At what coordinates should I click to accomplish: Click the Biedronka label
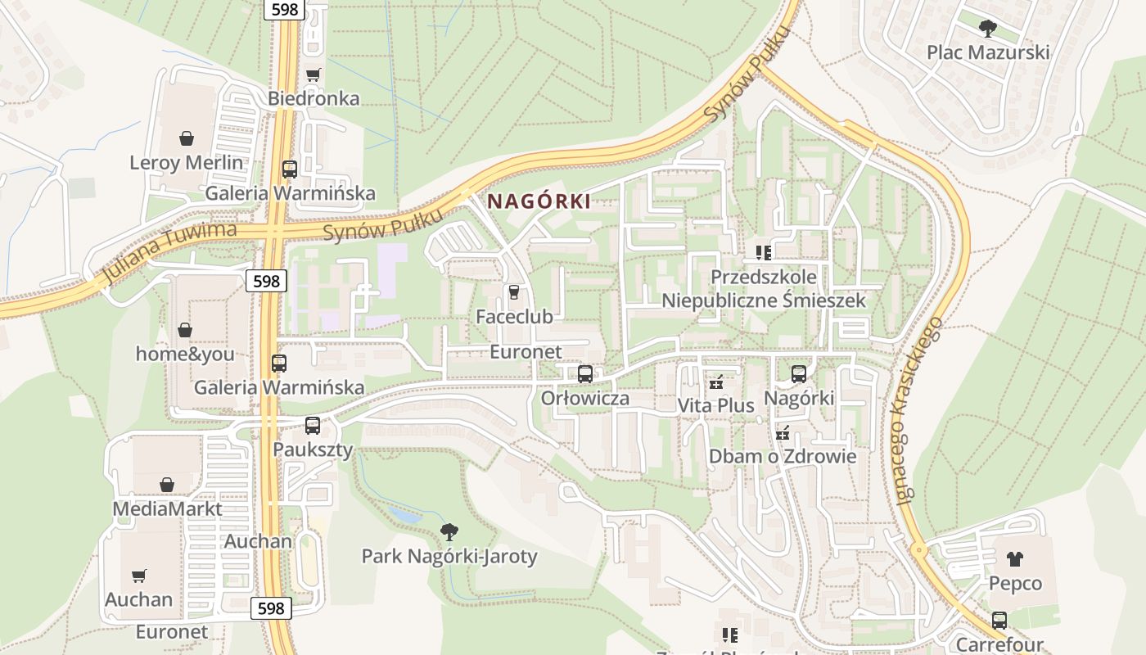coord(314,98)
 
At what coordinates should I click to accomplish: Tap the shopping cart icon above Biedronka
coord(313,75)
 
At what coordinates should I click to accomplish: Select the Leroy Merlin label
coord(187,162)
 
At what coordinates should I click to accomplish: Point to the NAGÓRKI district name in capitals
coord(539,201)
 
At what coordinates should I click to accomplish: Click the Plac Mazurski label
coord(988,52)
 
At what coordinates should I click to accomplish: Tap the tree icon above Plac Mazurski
coord(988,29)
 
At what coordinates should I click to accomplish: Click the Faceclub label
coord(515,316)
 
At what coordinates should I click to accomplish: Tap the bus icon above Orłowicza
coord(585,375)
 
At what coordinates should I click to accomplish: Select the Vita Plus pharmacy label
coord(715,405)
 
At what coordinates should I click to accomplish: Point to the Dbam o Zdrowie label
coord(783,456)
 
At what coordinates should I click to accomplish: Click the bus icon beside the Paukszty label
coord(313,426)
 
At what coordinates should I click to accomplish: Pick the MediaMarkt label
coord(167,508)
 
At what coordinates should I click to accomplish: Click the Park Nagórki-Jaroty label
coord(449,557)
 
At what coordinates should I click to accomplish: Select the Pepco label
coord(1015,583)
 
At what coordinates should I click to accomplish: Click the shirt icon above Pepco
coord(1015,560)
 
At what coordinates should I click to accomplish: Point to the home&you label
coord(185,354)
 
